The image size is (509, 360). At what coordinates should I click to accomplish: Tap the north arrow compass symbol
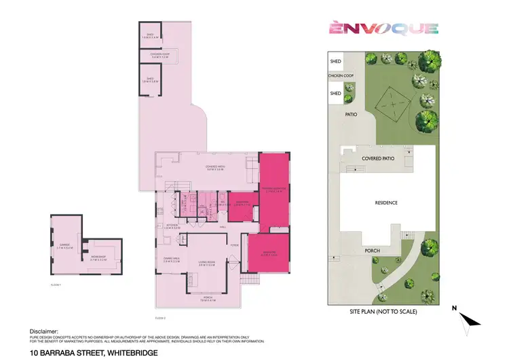pos(468,321)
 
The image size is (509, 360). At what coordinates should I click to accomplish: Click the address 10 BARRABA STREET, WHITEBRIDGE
pos(94,353)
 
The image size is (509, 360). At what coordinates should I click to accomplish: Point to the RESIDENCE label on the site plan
pos(385,202)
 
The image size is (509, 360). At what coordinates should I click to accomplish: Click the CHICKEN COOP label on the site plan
pos(341,76)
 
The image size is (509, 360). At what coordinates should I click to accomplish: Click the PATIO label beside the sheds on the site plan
pos(351,115)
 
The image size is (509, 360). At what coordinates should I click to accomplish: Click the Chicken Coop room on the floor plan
pos(160,55)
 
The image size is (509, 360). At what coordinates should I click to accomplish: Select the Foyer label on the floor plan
pos(234,245)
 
